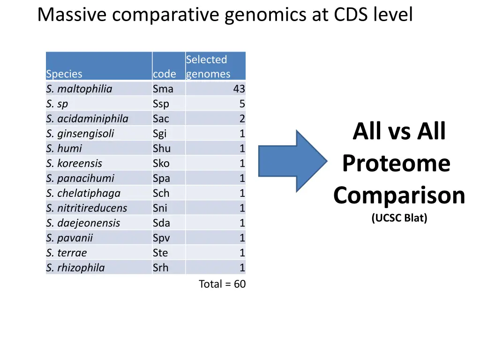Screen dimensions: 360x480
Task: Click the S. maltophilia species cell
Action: pos(79,89)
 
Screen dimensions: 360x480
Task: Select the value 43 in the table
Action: pos(239,89)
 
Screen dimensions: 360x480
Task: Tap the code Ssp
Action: pos(161,104)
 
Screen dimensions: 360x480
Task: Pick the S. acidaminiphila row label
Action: pos(87,119)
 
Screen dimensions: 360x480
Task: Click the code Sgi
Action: pos(160,134)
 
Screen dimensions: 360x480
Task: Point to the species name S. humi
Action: pos(64,149)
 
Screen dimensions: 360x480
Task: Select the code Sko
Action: pos(161,164)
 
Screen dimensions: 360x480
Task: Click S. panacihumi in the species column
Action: pos(80,179)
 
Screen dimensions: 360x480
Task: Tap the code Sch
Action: pos(161,194)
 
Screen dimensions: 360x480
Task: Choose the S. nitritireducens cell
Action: pos(87,208)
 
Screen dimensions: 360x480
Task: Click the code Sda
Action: pos(161,223)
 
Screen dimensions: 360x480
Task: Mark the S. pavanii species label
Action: pos(69,238)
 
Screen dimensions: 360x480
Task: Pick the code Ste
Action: pos(160,253)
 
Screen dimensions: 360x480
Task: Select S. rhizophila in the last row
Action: pos(75,268)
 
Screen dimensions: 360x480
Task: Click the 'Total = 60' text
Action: pos(222,284)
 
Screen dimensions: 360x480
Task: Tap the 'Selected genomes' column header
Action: pos(208,67)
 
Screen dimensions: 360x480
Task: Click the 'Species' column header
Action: pos(64,74)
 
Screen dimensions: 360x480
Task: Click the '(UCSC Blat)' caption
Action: pos(399,218)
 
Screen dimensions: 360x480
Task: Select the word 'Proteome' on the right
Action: pos(397,164)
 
